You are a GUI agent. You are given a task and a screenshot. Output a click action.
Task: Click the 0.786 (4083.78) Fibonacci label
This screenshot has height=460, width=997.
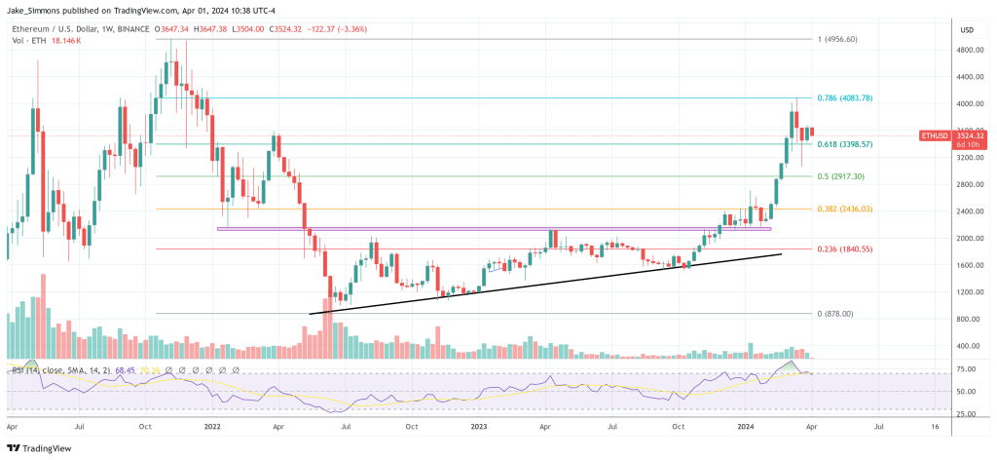844,98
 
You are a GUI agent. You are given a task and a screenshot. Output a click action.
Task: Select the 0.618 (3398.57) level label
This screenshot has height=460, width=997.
844,144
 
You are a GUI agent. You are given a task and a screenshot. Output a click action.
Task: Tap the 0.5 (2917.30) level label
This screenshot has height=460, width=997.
842,176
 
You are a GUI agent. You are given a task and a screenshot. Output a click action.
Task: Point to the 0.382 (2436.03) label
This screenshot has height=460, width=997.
844,209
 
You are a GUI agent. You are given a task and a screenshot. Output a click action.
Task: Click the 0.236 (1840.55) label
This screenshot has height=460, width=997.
844,249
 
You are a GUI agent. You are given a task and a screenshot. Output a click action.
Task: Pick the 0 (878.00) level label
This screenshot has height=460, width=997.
833,314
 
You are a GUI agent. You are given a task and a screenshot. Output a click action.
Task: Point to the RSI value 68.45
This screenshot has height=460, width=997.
125,370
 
